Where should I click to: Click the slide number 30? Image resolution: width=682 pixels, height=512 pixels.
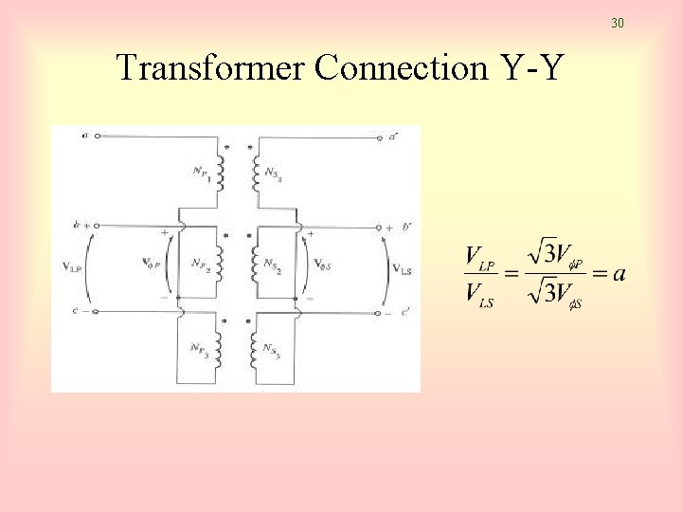(x=618, y=23)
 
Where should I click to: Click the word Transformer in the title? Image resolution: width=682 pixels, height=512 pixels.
(x=211, y=68)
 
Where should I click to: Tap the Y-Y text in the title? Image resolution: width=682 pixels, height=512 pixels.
(x=523, y=68)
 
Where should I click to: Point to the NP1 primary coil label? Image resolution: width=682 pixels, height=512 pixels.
(x=200, y=173)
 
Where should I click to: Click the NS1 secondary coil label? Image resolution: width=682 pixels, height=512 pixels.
(x=273, y=173)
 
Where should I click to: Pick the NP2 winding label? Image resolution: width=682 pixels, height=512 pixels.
(x=200, y=264)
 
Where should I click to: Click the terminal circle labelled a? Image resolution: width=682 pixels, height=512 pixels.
(x=97, y=136)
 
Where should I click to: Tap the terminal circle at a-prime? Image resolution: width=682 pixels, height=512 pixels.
(x=379, y=136)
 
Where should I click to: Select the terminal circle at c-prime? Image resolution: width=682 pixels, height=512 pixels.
(x=379, y=312)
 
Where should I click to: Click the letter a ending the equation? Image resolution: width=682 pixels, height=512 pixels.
(x=619, y=274)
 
